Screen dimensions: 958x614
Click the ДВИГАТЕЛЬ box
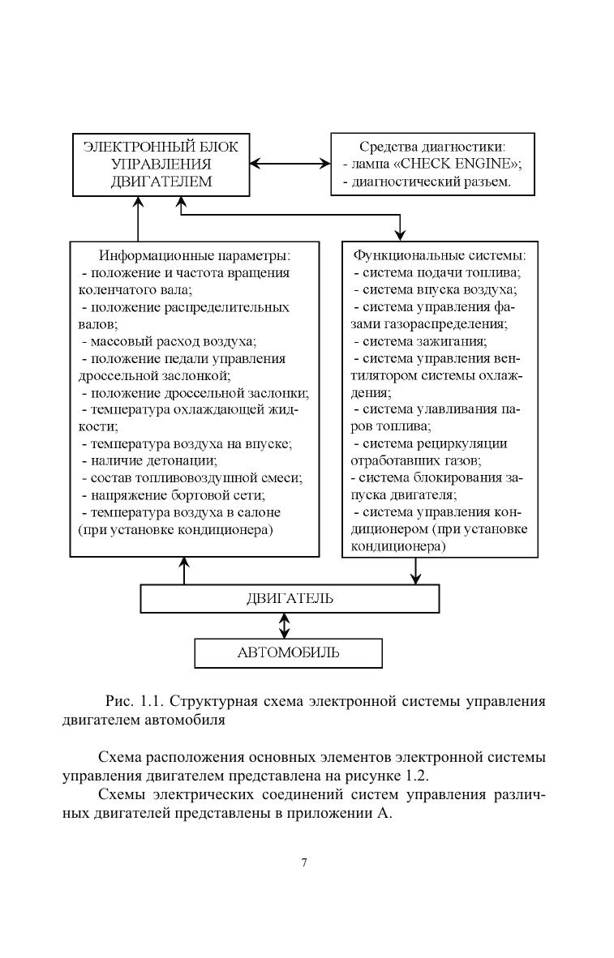coord(290,599)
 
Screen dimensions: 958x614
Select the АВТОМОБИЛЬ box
coord(288,652)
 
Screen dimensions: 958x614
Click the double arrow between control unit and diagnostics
coord(290,164)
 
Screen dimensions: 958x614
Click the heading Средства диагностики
coord(432,148)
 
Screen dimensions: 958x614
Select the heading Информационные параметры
coord(194,254)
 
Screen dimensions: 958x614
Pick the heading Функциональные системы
coord(440,254)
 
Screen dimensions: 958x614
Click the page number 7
coord(304,862)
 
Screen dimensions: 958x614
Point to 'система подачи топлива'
coord(436,272)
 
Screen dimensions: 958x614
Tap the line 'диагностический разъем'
coord(427,182)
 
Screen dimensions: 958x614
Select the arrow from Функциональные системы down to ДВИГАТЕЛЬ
coord(415,571)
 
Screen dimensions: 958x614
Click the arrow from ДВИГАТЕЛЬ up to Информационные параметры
coord(184,571)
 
